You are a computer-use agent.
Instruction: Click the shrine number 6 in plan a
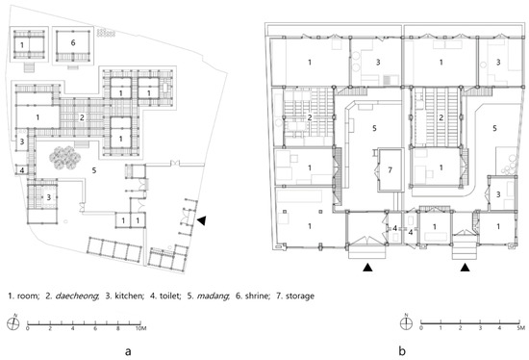click(73, 42)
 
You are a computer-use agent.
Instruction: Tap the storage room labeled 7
click(390, 169)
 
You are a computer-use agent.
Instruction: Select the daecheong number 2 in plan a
click(82, 117)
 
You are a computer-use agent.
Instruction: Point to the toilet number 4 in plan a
click(22, 170)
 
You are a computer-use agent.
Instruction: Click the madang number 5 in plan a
click(94, 170)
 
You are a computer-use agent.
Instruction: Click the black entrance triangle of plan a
click(201, 220)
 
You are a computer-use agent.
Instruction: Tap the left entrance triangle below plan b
click(367, 268)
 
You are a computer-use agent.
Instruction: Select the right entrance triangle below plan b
click(466, 268)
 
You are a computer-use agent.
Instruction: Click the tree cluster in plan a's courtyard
click(64, 158)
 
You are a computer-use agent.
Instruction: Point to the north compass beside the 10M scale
click(13, 323)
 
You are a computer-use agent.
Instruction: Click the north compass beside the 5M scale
click(406, 323)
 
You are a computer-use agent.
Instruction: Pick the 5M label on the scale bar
click(520, 328)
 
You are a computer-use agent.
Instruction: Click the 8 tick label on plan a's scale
click(117, 328)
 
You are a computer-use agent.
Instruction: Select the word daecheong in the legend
click(77, 296)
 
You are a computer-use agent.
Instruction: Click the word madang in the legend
click(213, 296)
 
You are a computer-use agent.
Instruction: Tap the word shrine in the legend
click(258, 296)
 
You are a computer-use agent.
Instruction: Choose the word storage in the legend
click(300, 296)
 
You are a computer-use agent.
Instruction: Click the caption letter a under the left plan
click(128, 351)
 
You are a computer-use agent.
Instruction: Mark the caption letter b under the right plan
click(402, 351)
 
